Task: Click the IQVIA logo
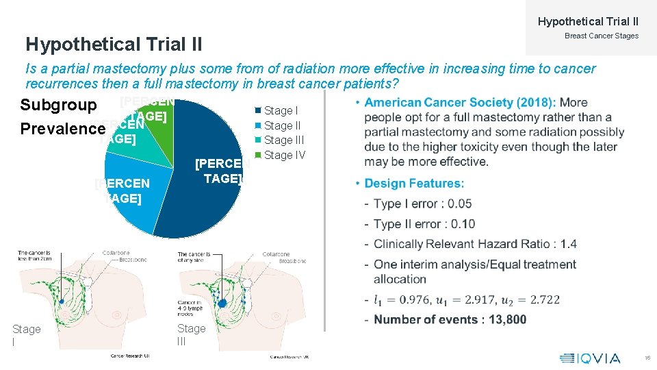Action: pyautogui.click(x=590, y=358)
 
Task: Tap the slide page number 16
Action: pyautogui.click(x=647, y=358)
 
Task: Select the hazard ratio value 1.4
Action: pyautogui.click(x=569, y=244)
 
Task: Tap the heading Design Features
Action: pyautogui.click(x=414, y=184)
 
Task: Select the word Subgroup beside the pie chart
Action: pyautogui.click(x=58, y=106)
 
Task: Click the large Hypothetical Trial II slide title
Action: pyautogui.click(x=114, y=45)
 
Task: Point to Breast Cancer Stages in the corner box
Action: pyautogui.click(x=601, y=36)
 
